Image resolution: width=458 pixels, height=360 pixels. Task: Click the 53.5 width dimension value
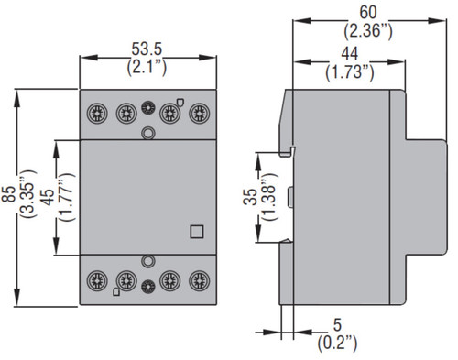coord(147,49)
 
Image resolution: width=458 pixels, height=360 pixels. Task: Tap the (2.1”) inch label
coord(147,67)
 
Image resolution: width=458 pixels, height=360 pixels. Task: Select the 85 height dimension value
coord(8,194)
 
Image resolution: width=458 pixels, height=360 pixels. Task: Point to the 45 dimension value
coord(47,197)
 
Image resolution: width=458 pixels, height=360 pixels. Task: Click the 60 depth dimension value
coord(368,13)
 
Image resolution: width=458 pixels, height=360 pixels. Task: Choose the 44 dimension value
coord(350,54)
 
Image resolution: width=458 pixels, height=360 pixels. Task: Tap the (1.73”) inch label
coord(350,72)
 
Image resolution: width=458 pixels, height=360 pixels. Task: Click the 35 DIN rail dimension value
coord(250,197)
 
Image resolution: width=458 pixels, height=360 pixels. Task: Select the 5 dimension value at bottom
coord(337,325)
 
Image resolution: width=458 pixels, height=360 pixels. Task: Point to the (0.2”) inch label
coord(337,344)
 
